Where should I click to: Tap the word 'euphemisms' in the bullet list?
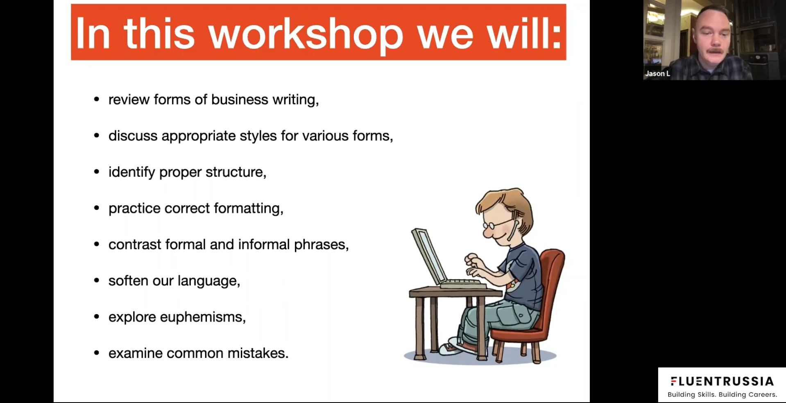point(202,317)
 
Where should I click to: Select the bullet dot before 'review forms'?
point(97,100)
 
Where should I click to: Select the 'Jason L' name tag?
point(657,74)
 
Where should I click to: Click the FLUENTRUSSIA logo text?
point(722,381)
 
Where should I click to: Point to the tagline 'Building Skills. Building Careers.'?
point(722,394)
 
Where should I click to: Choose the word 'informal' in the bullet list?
point(264,244)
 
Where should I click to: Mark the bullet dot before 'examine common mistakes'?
point(97,353)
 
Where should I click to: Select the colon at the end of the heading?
point(555,36)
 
